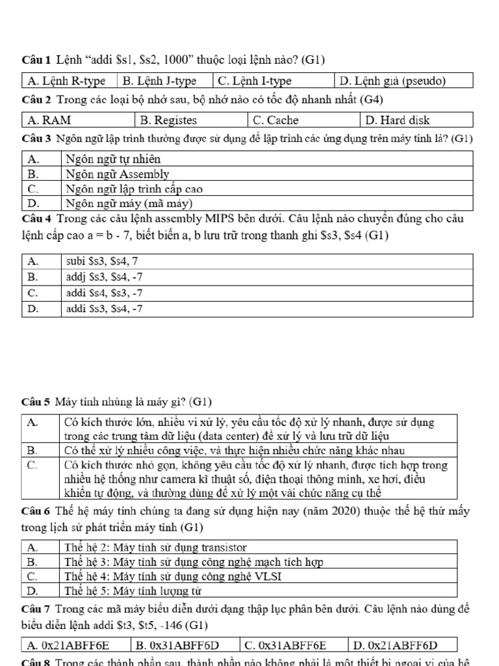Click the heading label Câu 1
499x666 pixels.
coord(35,60)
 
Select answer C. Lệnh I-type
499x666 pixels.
coord(254,81)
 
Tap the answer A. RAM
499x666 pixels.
coord(49,120)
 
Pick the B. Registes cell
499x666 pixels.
coord(168,120)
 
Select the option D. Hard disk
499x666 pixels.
coord(397,120)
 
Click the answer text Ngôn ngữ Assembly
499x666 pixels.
coord(118,174)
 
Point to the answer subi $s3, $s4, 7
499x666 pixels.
coord(102,261)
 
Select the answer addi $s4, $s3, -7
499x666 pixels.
coord(105,293)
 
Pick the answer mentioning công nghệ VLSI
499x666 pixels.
coord(175,576)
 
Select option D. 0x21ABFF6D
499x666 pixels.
coord(402,645)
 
